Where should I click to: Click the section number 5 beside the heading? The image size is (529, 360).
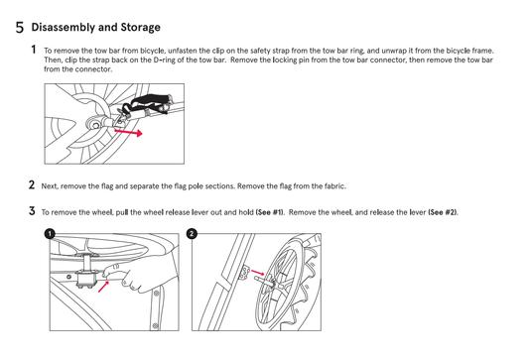pyautogui.click(x=20, y=28)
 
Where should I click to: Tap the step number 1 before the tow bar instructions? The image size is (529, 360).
pyautogui.click(x=34, y=50)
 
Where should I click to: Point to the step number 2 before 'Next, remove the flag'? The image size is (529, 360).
pyautogui.click(x=32, y=184)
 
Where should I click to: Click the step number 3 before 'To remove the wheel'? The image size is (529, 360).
pyautogui.click(x=32, y=211)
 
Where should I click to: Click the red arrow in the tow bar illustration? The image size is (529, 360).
pyautogui.click(x=129, y=132)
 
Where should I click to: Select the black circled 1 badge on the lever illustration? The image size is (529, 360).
pyautogui.click(x=50, y=233)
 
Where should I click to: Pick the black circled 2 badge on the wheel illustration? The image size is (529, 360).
pyautogui.click(x=192, y=233)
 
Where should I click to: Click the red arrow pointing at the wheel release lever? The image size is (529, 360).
pyautogui.click(x=103, y=287)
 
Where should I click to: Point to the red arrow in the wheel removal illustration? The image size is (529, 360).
pyautogui.click(x=258, y=272)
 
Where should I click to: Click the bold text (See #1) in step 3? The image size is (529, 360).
pyautogui.click(x=270, y=212)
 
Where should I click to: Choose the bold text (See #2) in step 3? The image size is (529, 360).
pyautogui.click(x=443, y=212)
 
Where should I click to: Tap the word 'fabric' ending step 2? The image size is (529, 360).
pyautogui.click(x=335, y=186)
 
